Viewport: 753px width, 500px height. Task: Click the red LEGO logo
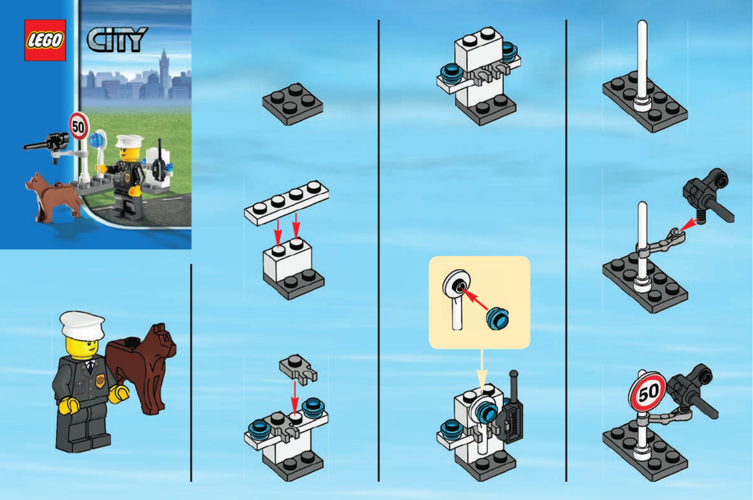(45, 40)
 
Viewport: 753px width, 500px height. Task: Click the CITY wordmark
(117, 40)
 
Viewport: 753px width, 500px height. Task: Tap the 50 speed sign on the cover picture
(79, 126)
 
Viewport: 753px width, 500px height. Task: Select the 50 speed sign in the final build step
(648, 391)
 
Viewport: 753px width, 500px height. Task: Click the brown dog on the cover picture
(54, 197)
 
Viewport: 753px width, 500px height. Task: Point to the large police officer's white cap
(82, 325)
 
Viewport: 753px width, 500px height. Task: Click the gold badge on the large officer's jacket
(100, 381)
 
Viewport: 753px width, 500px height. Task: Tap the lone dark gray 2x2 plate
(293, 104)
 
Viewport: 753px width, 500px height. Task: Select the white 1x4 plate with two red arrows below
(287, 203)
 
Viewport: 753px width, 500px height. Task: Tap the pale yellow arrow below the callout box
(482, 371)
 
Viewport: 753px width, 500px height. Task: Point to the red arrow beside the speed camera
(689, 225)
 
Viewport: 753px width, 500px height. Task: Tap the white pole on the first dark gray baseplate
(642, 65)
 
